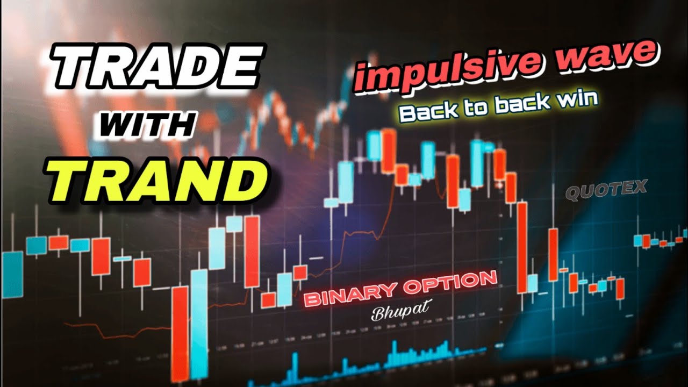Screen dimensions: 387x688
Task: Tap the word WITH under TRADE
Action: (x=148, y=127)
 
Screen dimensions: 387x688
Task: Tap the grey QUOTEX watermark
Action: (x=606, y=190)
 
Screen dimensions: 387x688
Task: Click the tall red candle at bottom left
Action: (x=180, y=333)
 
